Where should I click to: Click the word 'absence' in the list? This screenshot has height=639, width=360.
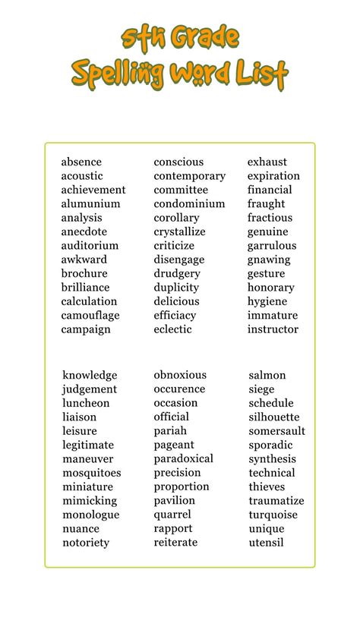pyautogui.click(x=81, y=162)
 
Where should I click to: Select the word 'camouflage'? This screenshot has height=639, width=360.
pyautogui.click(x=90, y=316)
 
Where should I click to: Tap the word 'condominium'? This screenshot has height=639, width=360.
pyautogui.click(x=189, y=203)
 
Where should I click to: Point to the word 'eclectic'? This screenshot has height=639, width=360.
pyautogui.click(x=172, y=329)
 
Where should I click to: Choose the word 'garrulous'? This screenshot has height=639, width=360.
pyautogui.click(x=272, y=246)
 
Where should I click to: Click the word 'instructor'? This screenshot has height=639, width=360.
pyautogui.click(x=273, y=329)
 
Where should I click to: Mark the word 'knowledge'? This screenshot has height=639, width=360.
pyautogui.click(x=90, y=375)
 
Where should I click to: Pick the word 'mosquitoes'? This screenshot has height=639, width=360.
pyautogui.click(x=92, y=473)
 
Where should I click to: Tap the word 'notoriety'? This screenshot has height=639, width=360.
pyautogui.click(x=86, y=543)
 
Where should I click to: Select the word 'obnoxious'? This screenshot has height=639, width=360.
pyautogui.click(x=180, y=375)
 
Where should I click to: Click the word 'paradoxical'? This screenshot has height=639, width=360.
pyautogui.click(x=183, y=458)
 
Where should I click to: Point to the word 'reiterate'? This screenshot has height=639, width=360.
pyautogui.click(x=175, y=543)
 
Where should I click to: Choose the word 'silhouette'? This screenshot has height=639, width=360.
pyautogui.click(x=274, y=417)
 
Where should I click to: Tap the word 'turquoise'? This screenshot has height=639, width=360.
pyautogui.click(x=274, y=515)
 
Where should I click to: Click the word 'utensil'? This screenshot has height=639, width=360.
pyautogui.click(x=266, y=543)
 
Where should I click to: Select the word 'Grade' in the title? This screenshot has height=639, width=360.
pyautogui.click(x=204, y=37)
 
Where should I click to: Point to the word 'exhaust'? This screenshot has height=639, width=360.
pyautogui.click(x=267, y=162)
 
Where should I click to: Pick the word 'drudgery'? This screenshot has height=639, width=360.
pyautogui.click(x=177, y=273)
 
